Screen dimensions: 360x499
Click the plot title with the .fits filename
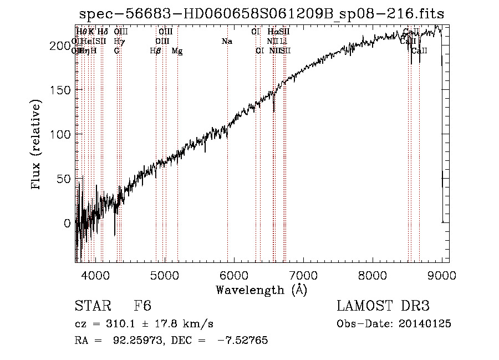click(x=262, y=13)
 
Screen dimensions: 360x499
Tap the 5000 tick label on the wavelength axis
click(x=165, y=274)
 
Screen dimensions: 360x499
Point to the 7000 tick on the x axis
click(x=303, y=274)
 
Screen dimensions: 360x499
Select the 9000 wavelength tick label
click(x=442, y=274)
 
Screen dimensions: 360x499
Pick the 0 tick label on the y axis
click(x=68, y=223)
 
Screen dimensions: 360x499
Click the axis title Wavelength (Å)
click(x=261, y=290)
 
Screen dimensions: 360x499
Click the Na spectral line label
click(x=227, y=41)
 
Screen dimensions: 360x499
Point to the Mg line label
click(x=177, y=51)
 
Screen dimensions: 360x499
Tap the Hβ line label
click(x=156, y=51)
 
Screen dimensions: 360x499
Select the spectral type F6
click(x=142, y=307)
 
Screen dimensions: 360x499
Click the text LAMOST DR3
click(x=383, y=307)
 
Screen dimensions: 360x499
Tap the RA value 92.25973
click(x=126, y=341)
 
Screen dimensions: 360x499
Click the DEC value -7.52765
click(x=244, y=341)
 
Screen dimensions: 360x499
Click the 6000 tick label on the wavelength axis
click(x=234, y=274)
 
